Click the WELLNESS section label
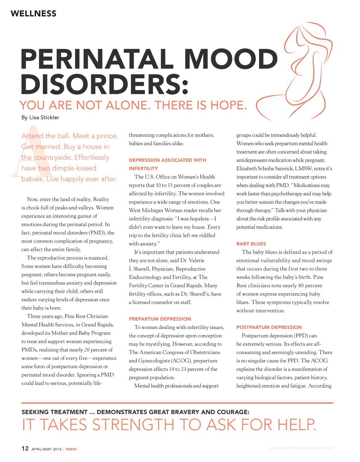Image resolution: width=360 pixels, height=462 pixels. (x=33, y=14)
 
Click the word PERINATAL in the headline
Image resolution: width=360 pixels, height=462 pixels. (x=99, y=59)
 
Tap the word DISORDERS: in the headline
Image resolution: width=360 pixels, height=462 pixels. (x=104, y=84)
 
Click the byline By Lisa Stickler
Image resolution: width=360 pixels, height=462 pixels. (x=40, y=117)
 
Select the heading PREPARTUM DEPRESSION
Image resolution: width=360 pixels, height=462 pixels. (x=160, y=319)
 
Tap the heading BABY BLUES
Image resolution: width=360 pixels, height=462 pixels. (x=251, y=244)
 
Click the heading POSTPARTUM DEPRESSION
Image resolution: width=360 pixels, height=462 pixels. (x=269, y=327)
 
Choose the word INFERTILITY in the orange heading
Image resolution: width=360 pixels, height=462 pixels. (x=143, y=168)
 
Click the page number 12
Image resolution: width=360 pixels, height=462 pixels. (x=25, y=448)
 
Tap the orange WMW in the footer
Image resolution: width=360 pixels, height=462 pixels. (x=71, y=449)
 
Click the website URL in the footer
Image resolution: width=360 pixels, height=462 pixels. (x=301, y=448)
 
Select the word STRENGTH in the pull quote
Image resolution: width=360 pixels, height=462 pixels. (x=134, y=425)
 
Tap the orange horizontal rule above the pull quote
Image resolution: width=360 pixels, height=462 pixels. (x=177, y=403)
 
